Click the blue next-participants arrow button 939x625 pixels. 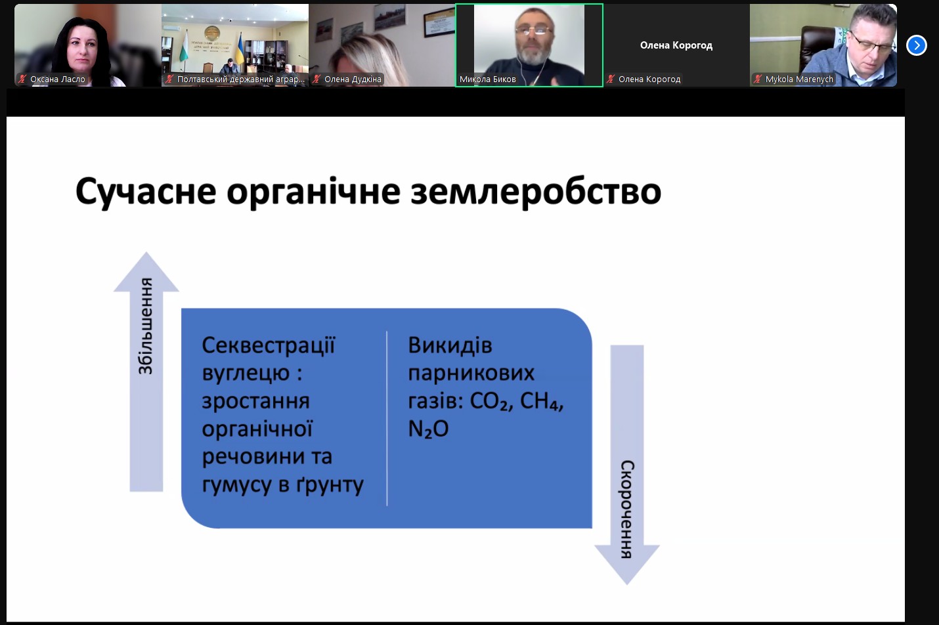tap(917, 45)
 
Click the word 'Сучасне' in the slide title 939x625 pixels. tap(146, 192)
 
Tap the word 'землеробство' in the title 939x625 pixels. tap(536, 191)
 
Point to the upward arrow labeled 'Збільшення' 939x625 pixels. tap(146, 372)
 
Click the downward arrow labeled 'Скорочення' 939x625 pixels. tap(627, 464)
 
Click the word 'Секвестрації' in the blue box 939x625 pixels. tap(269, 346)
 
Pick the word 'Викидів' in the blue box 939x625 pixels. tap(450, 346)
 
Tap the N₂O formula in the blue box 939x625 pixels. tap(428, 429)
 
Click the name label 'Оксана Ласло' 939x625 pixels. tap(57, 79)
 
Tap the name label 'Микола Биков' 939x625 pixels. tap(487, 79)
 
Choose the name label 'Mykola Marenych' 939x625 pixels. tap(799, 79)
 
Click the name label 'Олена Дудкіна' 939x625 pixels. tap(353, 79)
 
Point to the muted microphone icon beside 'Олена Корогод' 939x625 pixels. tap(611, 79)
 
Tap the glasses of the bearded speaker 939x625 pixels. tap(533, 30)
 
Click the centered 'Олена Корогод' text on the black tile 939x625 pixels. tap(676, 45)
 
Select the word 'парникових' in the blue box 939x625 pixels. tap(471, 374)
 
